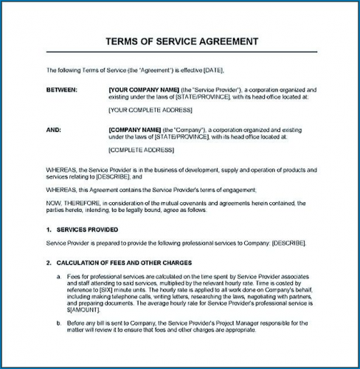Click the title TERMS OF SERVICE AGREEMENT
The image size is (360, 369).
(x=181, y=41)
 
